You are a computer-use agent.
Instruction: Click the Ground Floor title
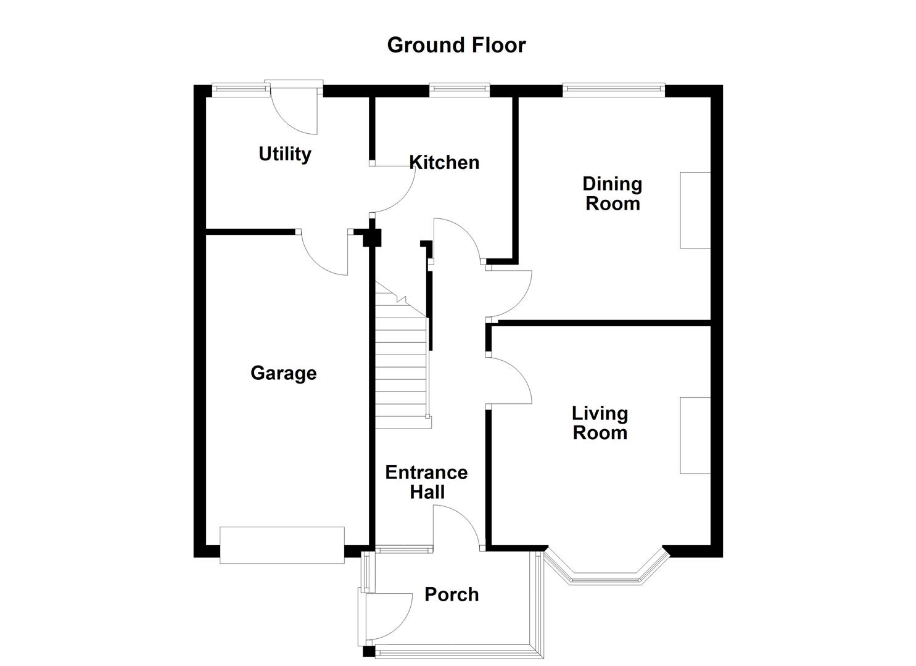pyautogui.click(x=456, y=45)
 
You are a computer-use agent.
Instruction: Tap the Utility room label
pyautogui.click(x=284, y=154)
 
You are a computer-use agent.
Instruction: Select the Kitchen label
pyautogui.click(x=444, y=162)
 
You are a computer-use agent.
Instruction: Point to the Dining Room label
pyautogui.click(x=612, y=194)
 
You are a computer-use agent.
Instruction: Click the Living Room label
pyautogui.click(x=600, y=423)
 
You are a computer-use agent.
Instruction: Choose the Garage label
pyautogui.click(x=283, y=373)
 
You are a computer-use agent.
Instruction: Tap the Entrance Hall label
pyautogui.click(x=426, y=482)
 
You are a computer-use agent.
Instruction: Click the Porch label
pyautogui.click(x=452, y=594)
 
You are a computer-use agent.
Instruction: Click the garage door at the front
pyautogui.click(x=282, y=545)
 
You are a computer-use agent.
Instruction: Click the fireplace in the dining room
pyautogui.click(x=695, y=210)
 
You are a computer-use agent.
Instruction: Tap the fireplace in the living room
pyautogui.click(x=695, y=435)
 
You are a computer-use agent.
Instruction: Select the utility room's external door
pyautogui.click(x=295, y=111)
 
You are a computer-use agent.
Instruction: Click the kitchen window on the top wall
pyautogui.click(x=460, y=90)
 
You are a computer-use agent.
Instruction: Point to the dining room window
pyautogui.click(x=613, y=90)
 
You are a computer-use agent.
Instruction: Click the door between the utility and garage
pyautogui.click(x=326, y=253)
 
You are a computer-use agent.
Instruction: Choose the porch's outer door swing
pyautogui.click(x=387, y=617)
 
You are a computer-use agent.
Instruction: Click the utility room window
pyautogui.click(x=241, y=90)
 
